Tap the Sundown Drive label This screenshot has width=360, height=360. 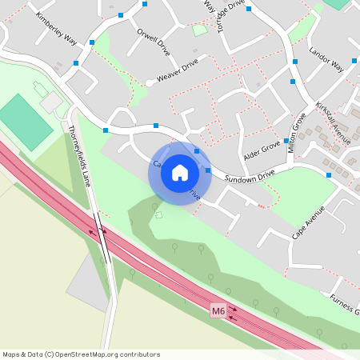tap(249, 175)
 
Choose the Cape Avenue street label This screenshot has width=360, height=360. tap(308, 222)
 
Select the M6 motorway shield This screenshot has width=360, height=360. tap(218, 310)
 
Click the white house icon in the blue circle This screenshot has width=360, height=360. tap(180, 173)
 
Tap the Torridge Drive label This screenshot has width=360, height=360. tap(230, 16)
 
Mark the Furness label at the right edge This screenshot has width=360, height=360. tap(345, 305)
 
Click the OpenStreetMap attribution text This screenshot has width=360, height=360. tap(81, 354)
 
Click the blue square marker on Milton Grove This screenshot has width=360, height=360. tap(286, 140)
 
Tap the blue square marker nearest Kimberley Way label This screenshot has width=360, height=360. tap(92, 42)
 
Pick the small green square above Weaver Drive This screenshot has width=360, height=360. tap(199, 30)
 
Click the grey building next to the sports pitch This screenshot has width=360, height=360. tap(50, 102)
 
